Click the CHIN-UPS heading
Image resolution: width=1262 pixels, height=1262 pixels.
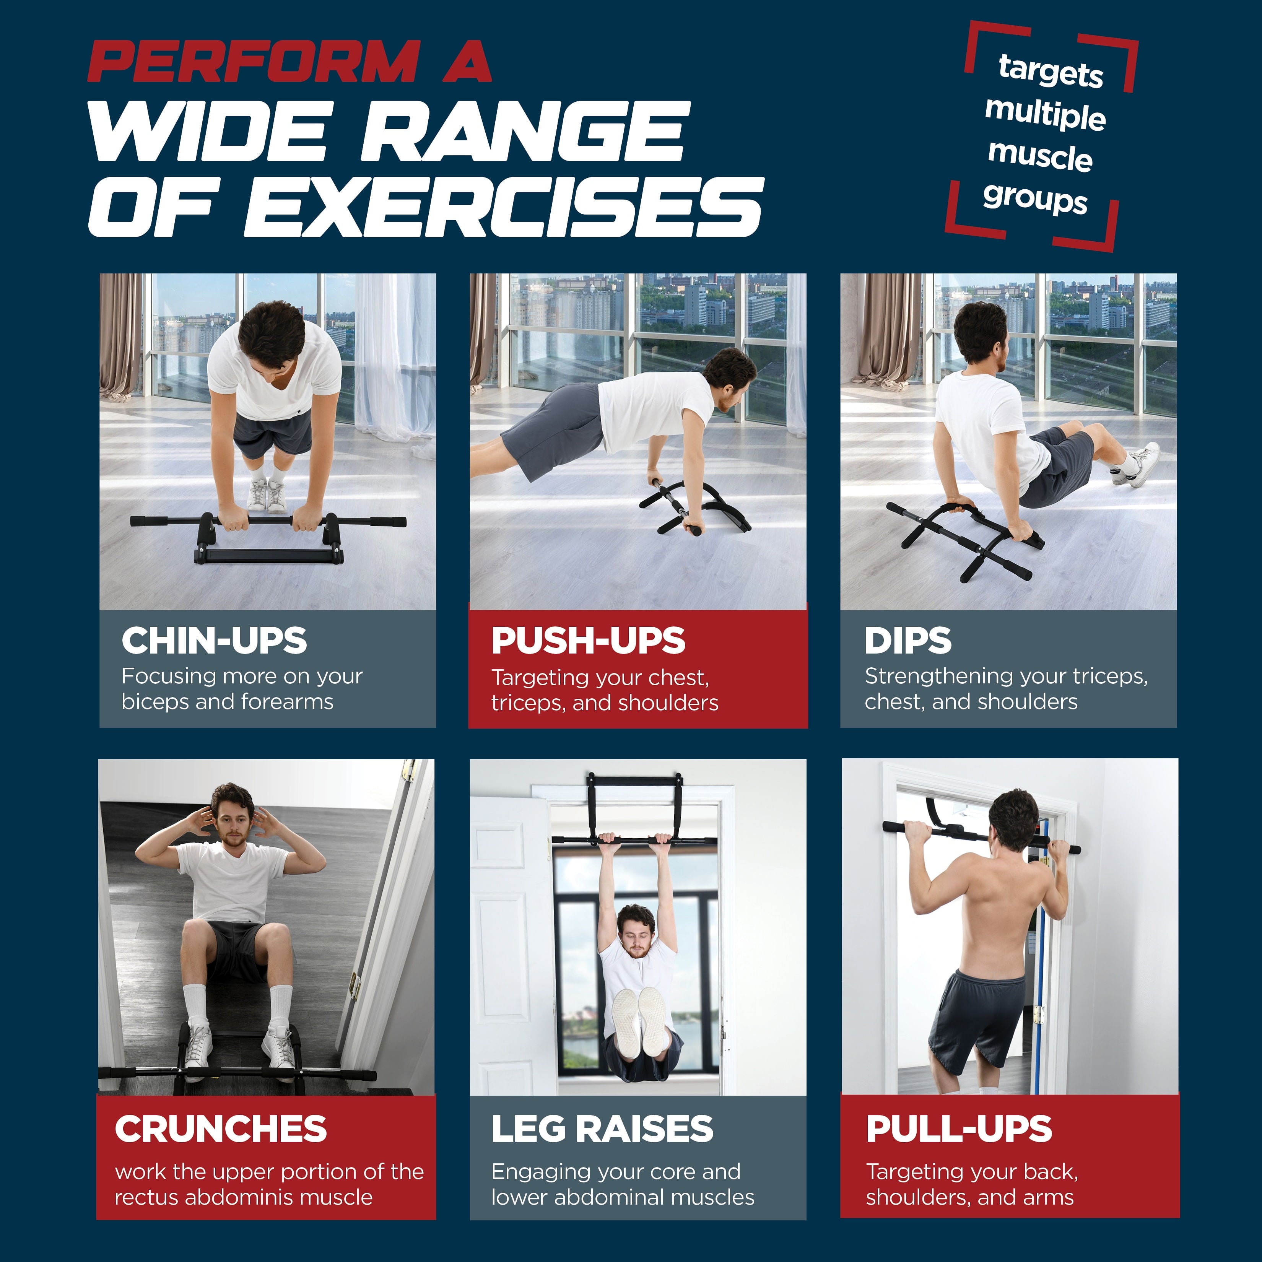(214, 641)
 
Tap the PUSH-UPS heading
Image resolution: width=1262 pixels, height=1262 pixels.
(588, 641)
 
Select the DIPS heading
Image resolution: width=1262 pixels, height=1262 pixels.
(907, 641)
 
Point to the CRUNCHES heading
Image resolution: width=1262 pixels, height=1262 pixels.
(221, 1129)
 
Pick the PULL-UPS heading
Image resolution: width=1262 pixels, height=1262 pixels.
(958, 1129)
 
